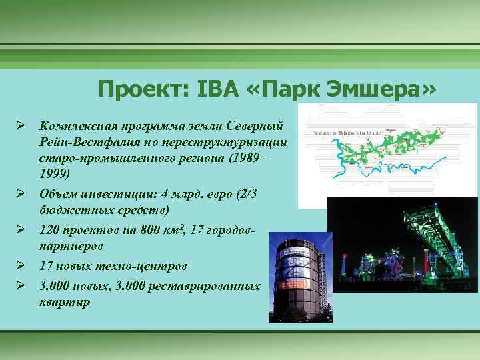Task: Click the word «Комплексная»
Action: [x=79, y=126]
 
